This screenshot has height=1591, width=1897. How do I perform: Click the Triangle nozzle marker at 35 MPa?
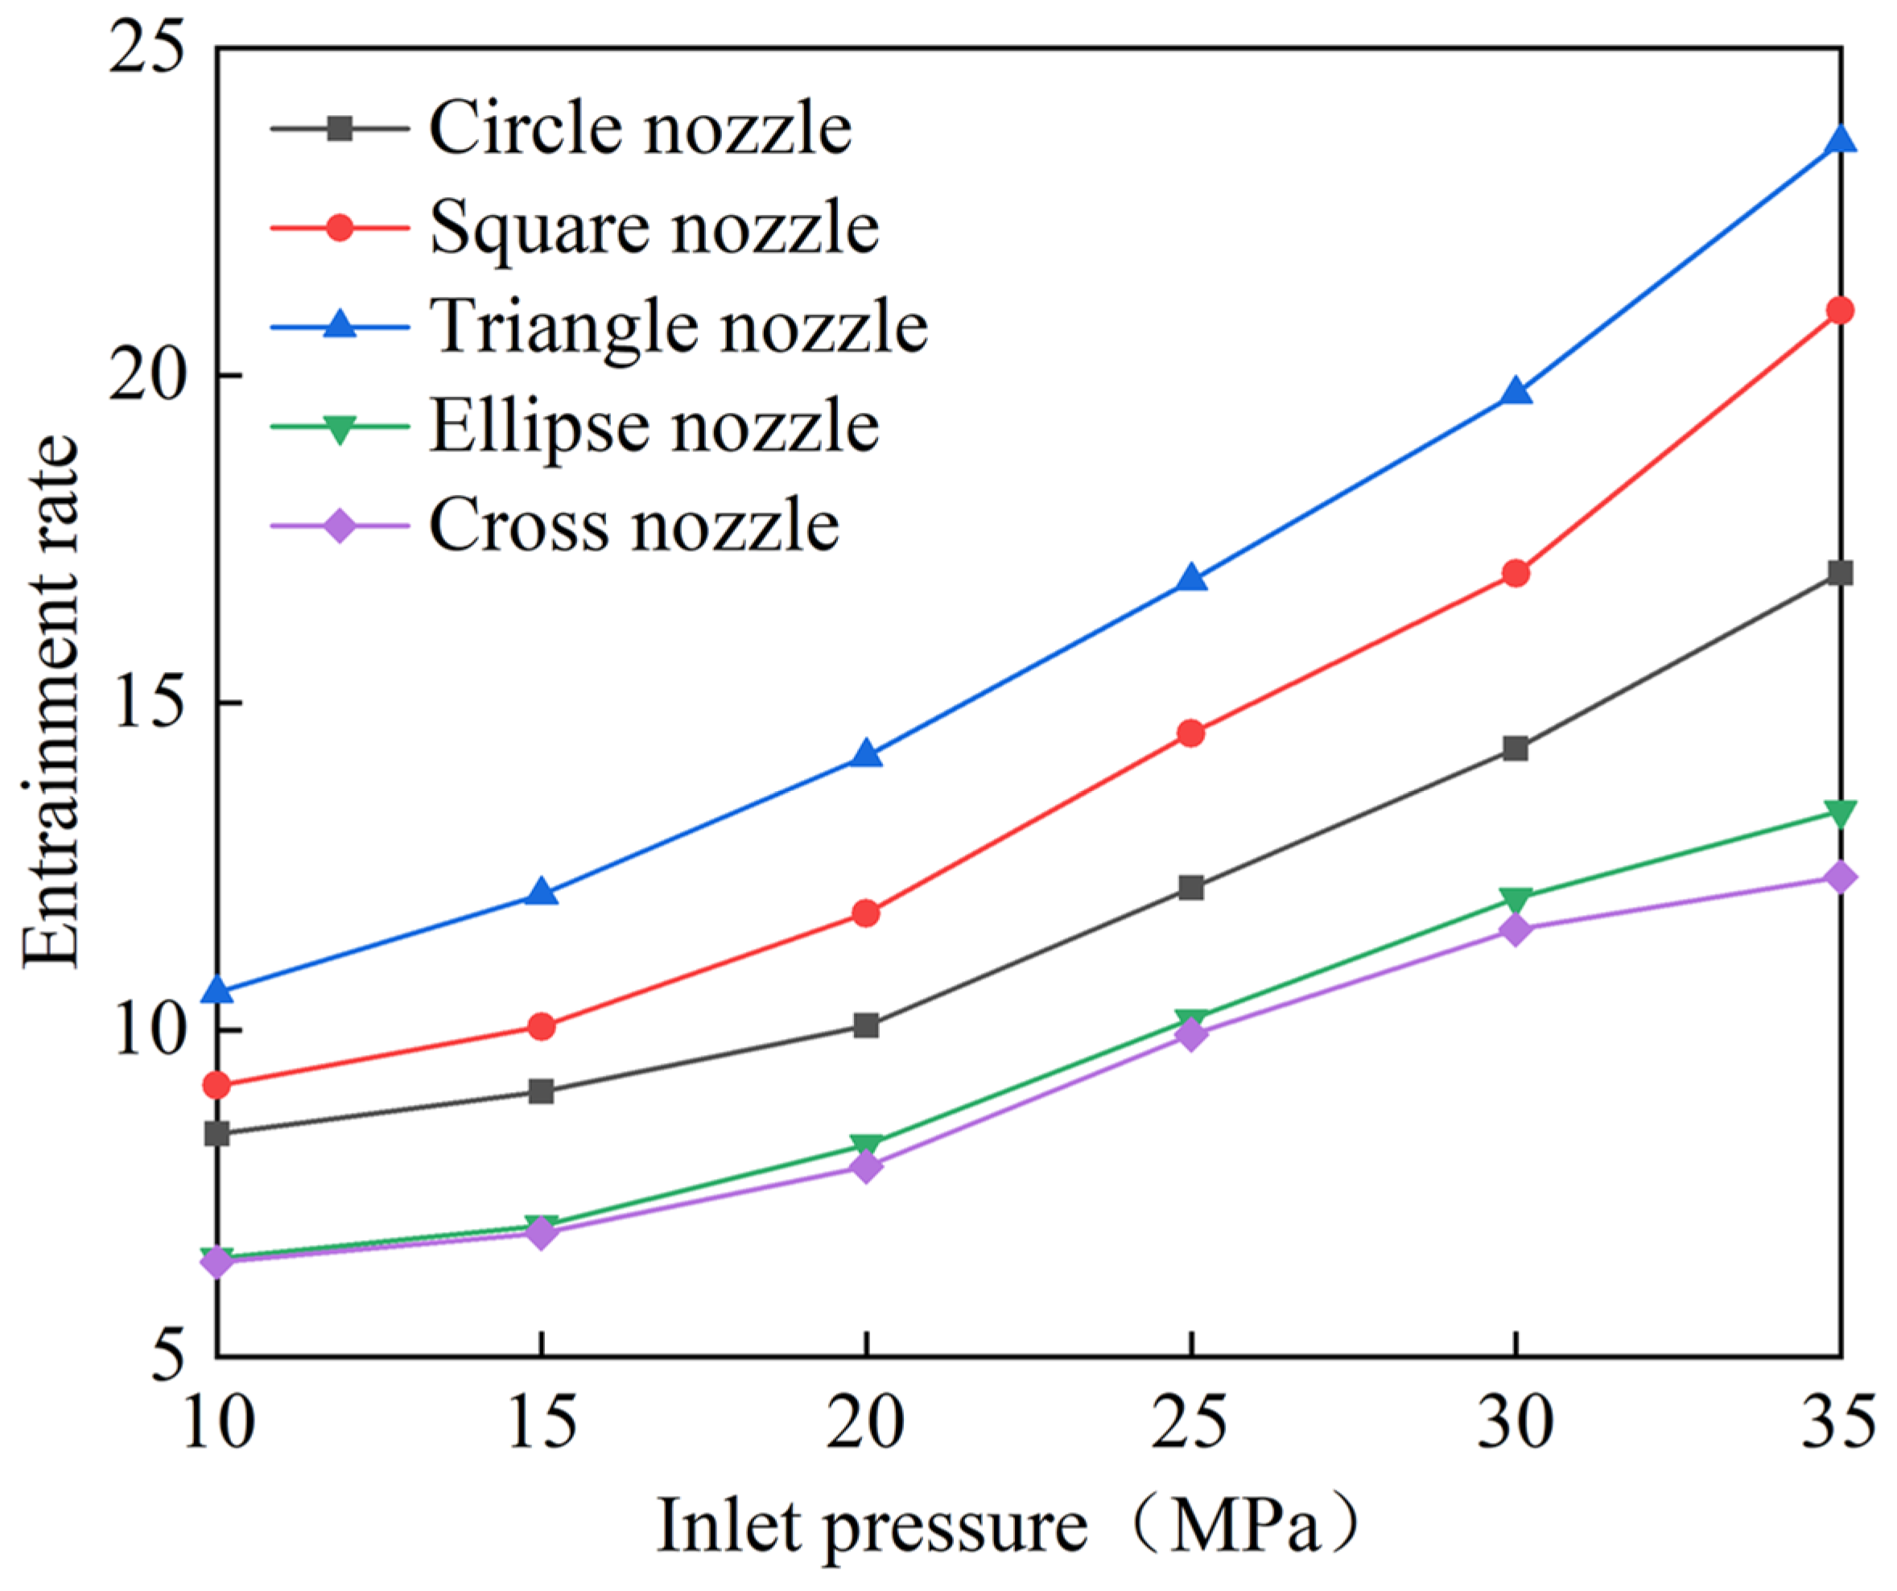[x=1840, y=140]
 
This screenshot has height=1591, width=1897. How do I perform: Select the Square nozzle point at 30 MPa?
[x=1516, y=573]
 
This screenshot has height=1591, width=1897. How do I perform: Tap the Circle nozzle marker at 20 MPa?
[x=865, y=1025]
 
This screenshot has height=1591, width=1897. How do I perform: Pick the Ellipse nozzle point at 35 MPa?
[x=1840, y=812]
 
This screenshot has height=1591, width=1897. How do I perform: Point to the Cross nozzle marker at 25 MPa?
[x=1191, y=1033]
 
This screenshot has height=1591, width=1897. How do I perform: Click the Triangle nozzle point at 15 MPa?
[x=541, y=892]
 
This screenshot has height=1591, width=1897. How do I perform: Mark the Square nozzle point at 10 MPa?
[x=217, y=1085]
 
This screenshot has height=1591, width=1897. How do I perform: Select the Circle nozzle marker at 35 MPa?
[x=1840, y=573]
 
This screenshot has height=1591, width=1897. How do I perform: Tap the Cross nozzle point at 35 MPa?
[x=1840, y=877]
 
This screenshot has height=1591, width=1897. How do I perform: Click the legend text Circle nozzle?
[x=640, y=128]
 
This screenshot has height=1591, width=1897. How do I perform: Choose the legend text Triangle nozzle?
[x=678, y=326]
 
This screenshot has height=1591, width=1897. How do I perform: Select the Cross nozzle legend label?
[x=633, y=525]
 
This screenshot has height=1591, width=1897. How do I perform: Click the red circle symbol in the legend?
[x=340, y=227]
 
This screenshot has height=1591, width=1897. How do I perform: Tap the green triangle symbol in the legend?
[x=340, y=427]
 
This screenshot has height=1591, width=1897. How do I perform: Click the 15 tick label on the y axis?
[x=146, y=702]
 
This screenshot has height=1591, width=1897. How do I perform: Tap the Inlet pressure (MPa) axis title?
[x=1007, y=1527]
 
